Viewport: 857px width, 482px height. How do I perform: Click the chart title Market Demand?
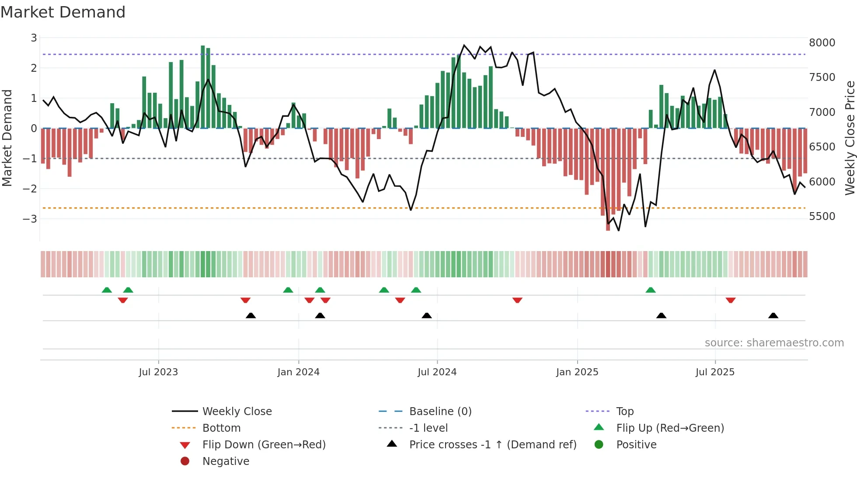click(x=63, y=12)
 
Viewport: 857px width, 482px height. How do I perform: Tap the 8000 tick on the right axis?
click(x=822, y=43)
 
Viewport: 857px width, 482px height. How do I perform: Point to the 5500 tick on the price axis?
click(x=822, y=217)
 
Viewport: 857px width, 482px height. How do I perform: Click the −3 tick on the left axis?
click(x=30, y=219)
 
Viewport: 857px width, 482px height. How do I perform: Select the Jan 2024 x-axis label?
click(x=298, y=372)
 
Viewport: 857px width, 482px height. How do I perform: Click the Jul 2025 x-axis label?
click(x=715, y=372)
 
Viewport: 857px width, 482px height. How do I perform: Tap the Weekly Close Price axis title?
click(x=850, y=138)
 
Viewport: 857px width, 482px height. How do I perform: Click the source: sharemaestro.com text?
click(x=774, y=343)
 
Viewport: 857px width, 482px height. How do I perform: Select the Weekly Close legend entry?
click(x=237, y=412)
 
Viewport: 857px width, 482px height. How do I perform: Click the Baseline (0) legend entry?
click(x=440, y=412)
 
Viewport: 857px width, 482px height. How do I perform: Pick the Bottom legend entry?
click(x=221, y=428)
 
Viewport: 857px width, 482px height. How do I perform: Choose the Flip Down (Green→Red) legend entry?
click(x=264, y=445)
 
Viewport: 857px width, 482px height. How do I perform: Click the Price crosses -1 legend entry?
click(x=492, y=445)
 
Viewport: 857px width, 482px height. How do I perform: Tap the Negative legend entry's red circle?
click(x=185, y=461)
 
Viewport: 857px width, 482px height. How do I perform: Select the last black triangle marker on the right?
click(x=773, y=316)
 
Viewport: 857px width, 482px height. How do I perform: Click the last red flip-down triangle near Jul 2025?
click(x=730, y=300)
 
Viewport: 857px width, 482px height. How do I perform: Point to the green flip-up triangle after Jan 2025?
click(x=651, y=290)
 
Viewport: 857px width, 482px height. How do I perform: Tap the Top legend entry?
click(x=624, y=412)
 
